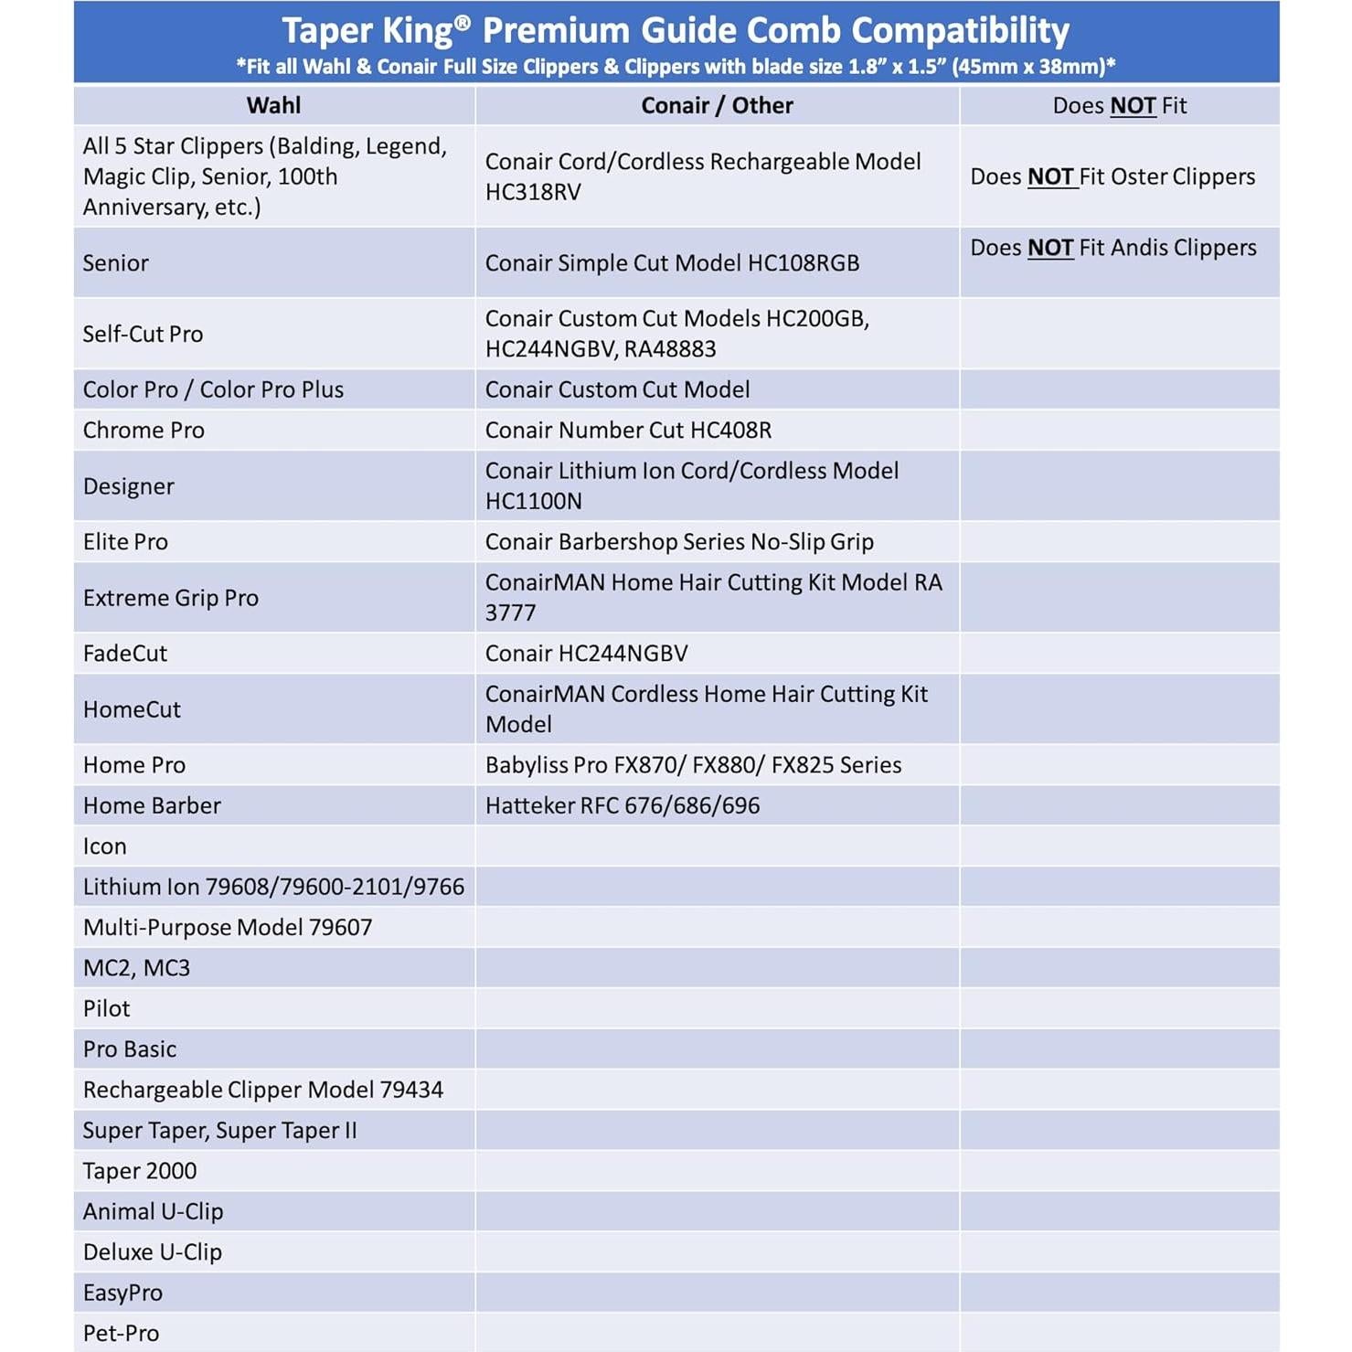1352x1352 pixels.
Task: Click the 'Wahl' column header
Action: point(273,105)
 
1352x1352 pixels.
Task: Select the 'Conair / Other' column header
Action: point(717,105)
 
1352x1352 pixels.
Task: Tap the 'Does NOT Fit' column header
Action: point(1119,105)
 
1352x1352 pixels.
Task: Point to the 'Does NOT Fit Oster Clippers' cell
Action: point(1112,176)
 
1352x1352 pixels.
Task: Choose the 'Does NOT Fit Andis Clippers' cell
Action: point(1112,248)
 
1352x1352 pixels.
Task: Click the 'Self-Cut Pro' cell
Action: point(143,334)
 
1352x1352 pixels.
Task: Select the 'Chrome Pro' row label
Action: point(144,430)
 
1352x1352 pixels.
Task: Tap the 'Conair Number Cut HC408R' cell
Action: point(628,430)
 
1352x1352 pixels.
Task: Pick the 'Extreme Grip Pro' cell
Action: point(171,598)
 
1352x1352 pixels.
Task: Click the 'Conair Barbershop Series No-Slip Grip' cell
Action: point(679,541)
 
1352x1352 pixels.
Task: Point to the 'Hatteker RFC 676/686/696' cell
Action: point(623,805)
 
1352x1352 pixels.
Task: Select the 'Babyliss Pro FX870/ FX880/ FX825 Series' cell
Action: point(693,765)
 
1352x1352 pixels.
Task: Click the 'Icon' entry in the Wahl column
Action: point(105,846)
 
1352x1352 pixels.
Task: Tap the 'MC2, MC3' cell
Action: point(136,968)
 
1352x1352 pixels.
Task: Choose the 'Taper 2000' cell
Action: point(140,1171)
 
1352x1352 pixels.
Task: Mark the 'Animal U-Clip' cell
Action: point(153,1211)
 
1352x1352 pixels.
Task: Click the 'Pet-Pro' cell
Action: point(121,1333)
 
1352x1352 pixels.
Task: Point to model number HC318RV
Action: point(533,192)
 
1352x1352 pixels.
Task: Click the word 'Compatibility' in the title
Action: point(960,31)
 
